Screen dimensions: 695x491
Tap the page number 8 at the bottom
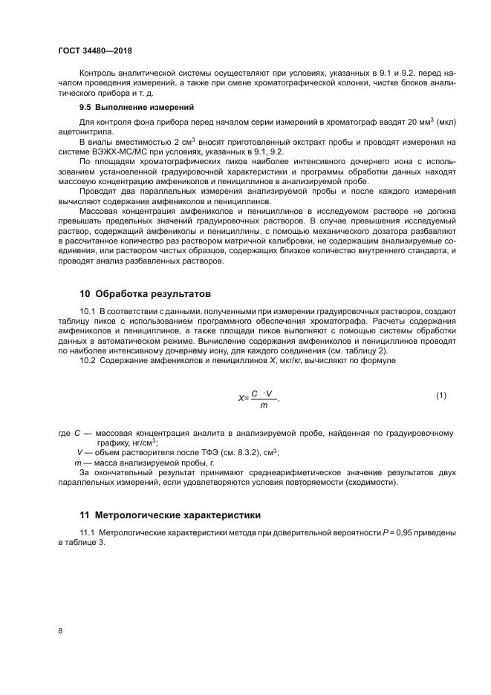coord(59,631)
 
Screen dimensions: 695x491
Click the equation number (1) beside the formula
coord(440,395)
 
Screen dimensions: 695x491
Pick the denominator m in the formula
coord(263,405)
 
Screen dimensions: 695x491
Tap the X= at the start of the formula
coord(243,397)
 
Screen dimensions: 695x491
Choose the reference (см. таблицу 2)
coord(354,350)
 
